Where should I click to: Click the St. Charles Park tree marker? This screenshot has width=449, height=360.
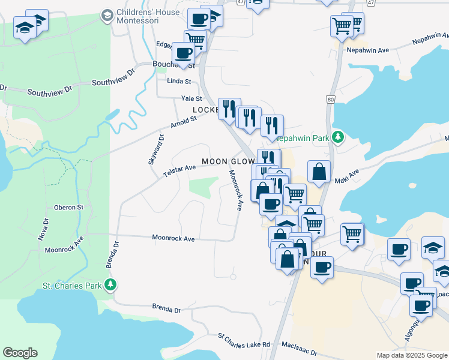coord(110,284)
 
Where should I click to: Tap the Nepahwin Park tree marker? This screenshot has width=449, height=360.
coord(338,137)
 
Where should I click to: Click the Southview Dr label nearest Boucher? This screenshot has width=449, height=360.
coord(114,83)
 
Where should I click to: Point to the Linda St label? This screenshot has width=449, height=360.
coord(179,81)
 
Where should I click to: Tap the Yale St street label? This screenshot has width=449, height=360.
coord(192,98)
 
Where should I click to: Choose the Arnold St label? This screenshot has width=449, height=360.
coord(183,121)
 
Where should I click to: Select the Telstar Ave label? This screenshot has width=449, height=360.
coord(179,170)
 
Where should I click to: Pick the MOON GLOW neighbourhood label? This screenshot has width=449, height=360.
coord(228,161)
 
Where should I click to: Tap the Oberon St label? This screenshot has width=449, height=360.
coord(68,207)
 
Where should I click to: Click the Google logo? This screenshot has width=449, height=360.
coord(20,353)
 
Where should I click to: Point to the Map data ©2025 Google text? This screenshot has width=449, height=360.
coord(412,355)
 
